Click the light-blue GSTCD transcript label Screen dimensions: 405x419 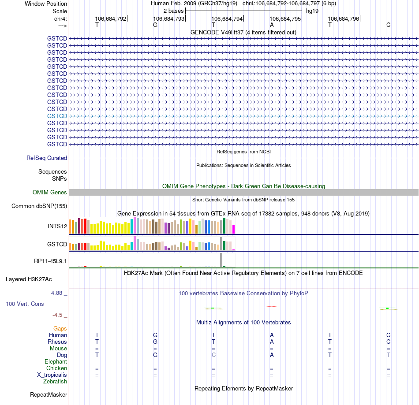click(57, 116)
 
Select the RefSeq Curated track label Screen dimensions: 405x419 click(46, 158)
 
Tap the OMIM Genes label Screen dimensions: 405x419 click(49, 192)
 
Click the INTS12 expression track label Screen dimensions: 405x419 click(57, 227)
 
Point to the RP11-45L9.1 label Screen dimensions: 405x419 click(50, 261)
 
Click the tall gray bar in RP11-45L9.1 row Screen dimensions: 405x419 click(221, 260)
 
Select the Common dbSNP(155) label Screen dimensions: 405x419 click(39, 206)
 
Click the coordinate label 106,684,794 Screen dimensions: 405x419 click(227, 19)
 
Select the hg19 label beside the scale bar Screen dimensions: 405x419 click(312, 11)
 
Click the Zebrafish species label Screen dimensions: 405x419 click(55, 381)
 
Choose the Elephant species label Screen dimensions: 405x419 click(56, 361)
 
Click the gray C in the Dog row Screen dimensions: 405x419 click(213, 355)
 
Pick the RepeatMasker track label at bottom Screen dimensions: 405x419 click(48, 394)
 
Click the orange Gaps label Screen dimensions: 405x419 click(60, 328)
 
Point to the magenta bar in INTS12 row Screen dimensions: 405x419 click(234, 229)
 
